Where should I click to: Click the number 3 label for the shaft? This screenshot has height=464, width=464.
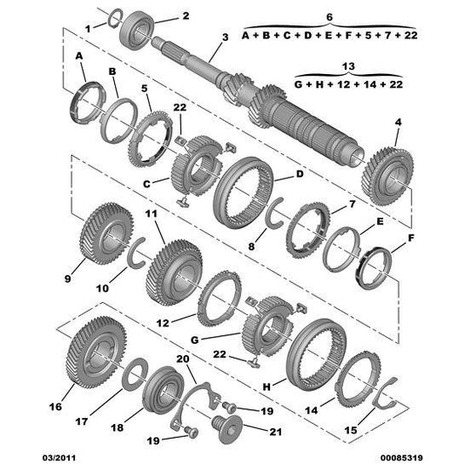pyautogui.click(x=225, y=37)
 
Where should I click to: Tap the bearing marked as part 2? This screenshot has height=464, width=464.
pyautogui.click(x=137, y=30)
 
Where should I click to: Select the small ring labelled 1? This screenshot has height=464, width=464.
pyautogui.click(x=115, y=17)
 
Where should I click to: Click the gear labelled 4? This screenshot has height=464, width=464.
pyautogui.click(x=387, y=177)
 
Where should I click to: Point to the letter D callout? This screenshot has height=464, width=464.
pyautogui.click(x=299, y=174)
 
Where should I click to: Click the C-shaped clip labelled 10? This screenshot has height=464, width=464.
pyautogui.click(x=137, y=253)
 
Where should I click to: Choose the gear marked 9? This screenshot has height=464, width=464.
pyautogui.click(x=107, y=234)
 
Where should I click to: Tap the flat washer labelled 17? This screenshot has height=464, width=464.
pyautogui.click(x=135, y=374)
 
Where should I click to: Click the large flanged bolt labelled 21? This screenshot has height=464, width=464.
pyautogui.click(x=227, y=429)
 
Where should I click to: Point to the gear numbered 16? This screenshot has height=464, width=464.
pyautogui.click(x=96, y=353)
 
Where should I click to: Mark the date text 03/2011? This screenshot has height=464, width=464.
pyautogui.click(x=59, y=458)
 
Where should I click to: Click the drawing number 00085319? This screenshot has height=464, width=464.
pyautogui.click(x=401, y=458)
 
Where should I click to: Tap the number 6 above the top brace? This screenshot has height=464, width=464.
pyautogui.click(x=330, y=17)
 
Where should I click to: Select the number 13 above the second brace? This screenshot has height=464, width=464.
pyautogui.click(x=348, y=66)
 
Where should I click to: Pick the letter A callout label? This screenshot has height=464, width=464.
pyautogui.click(x=79, y=56)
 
